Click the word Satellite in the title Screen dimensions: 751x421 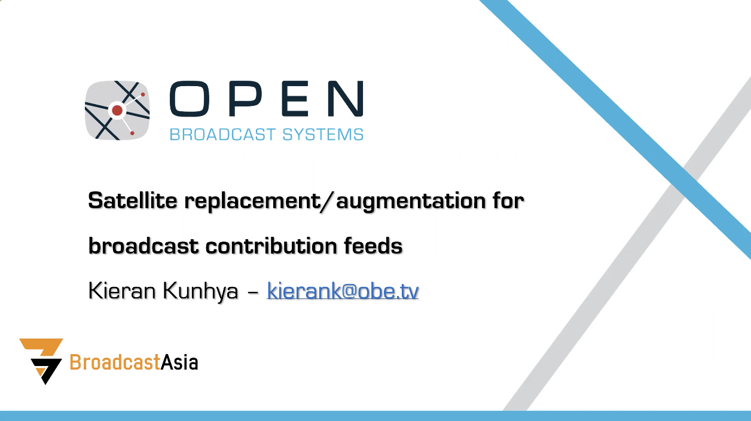pyautogui.click(x=133, y=200)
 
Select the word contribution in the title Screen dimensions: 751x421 pyautogui.click(x=271, y=245)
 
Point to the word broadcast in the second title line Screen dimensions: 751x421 pyautogui.click(x=144, y=245)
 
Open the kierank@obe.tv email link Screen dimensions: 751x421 pyautogui.click(x=343, y=290)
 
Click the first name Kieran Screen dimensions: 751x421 pyautogui.click(x=123, y=290)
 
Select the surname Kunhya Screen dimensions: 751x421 pyautogui.click(x=200, y=291)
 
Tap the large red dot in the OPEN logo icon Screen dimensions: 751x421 pyautogui.click(x=117, y=110)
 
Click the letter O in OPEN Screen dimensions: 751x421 pyautogui.click(x=190, y=99)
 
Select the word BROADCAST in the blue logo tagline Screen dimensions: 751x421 pyautogui.click(x=222, y=135)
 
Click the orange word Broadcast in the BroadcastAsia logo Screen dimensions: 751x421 pyautogui.click(x=115, y=362)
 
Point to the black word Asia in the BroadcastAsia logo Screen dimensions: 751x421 pyautogui.click(x=179, y=362)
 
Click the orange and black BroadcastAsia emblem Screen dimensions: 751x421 pyautogui.click(x=42, y=361)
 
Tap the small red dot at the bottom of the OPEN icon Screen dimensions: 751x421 pyautogui.click(x=132, y=133)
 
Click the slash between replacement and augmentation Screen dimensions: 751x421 pyautogui.click(x=326, y=202)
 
